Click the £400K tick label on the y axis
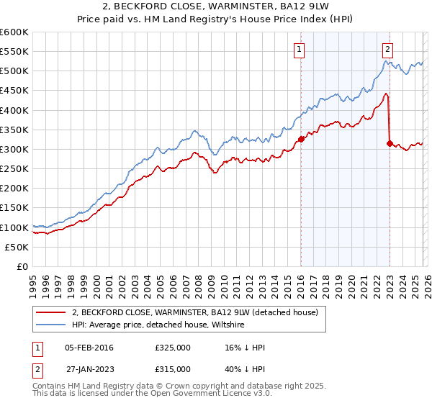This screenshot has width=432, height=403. point(14,110)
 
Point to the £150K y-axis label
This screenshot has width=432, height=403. point(14,208)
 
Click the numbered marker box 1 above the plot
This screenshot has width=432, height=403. point(299,49)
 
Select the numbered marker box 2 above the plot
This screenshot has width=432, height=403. point(387,49)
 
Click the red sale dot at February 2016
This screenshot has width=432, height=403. point(301,140)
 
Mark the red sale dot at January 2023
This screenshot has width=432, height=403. point(390,143)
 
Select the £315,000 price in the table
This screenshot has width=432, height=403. point(173,368)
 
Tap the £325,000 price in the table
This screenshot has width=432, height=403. point(173,348)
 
